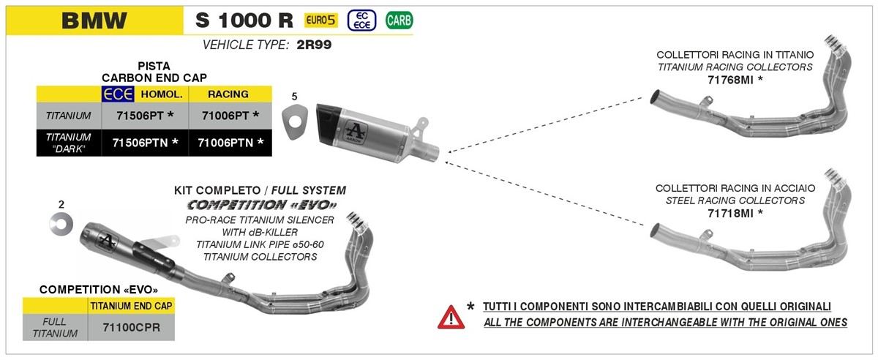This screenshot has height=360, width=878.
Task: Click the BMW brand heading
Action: click(94, 20)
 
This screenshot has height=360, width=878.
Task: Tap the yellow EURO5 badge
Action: click(320, 20)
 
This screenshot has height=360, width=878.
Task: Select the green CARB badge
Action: click(399, 20)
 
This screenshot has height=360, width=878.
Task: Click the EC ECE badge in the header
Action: click(361, 20)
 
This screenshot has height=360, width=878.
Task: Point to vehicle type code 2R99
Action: click(314, 45)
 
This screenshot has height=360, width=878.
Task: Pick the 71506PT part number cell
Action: click(145, 116)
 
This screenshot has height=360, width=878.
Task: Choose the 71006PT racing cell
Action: click(230, 116)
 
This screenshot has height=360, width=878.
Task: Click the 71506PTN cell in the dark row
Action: click(145, 143)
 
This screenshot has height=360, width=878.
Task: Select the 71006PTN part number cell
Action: click(230, 143)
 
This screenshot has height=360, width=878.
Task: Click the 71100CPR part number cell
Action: click(131, 328)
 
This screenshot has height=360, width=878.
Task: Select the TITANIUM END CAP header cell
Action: click(131, 306)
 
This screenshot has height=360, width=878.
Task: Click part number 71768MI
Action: click(730, 80)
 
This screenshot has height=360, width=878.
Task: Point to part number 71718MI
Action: click(730, 214)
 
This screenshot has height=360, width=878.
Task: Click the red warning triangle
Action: click(451, 318)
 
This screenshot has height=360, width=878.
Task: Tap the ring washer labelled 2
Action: click(61, 225)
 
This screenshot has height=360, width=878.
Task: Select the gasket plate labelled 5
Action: click(294, 122)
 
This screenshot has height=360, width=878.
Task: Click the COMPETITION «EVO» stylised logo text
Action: click(262, 205)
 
